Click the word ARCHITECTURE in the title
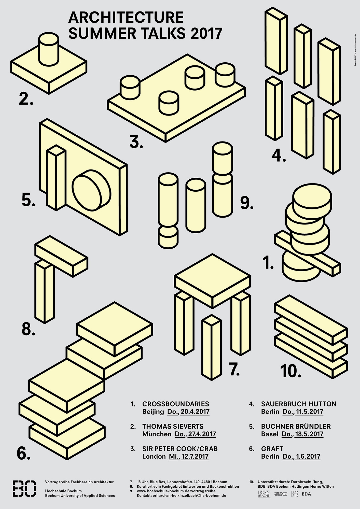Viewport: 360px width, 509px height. click(x=126, y=18)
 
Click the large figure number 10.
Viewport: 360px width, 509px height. click(x=290, y=371)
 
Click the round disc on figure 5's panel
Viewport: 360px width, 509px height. click(x=92, y=190)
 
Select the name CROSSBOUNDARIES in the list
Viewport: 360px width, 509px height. click(x=176, y=404)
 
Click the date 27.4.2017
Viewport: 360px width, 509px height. click(x=202, y=434)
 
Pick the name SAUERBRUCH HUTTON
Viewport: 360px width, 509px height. click(x=299, y=404)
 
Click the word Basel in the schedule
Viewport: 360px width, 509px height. click(x=270, y=434)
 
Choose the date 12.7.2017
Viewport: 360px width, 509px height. click(x=195, y=456)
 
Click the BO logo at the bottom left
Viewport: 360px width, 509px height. click(x=24, y=489)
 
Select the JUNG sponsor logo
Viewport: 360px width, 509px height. click(x=281, y=494)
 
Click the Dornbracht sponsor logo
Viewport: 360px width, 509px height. click(x=264, y=494)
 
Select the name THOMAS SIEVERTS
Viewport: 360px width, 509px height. click(x=173, y=426)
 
